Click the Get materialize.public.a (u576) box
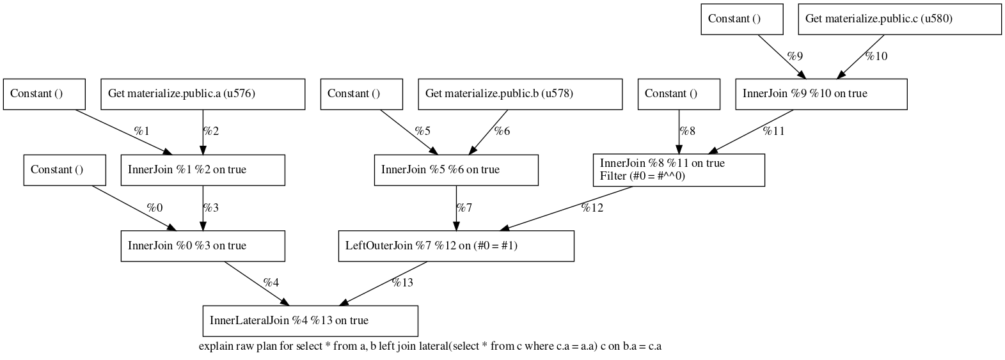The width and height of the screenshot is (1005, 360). [x=203, y=94]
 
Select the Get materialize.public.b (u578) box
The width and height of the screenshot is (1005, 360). [x=520, y=94]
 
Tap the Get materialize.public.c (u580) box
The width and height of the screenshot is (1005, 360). [x=899, y=19]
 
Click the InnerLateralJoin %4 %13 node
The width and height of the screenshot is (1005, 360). [x=310, y=320]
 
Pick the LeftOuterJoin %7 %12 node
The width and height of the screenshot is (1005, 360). [x=455, y=246]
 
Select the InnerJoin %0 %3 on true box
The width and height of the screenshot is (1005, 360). [x=203, y=246]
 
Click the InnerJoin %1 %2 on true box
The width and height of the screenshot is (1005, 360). [x=203, y=169]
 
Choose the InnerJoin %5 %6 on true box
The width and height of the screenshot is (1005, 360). [x=456, y=169]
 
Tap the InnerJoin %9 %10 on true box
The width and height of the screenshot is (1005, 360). [x=821, y=94]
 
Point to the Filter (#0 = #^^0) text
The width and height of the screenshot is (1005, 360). [x=642, y=176]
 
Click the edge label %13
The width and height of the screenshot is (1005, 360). [x=402, y=283]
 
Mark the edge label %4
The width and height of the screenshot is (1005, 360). [x=271, y=283]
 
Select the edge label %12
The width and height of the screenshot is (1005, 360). [x=592, y=207]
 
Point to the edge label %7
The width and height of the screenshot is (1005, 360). [x=464, y=207]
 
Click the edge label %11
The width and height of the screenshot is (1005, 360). [x=773, y=131]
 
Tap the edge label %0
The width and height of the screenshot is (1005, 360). [x=155, y=207]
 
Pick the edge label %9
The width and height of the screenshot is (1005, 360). [x=795, y=56]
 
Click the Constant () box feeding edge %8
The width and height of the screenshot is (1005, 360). [x=679, y=94]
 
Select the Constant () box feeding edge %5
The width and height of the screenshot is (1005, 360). [x=361, y=94]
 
